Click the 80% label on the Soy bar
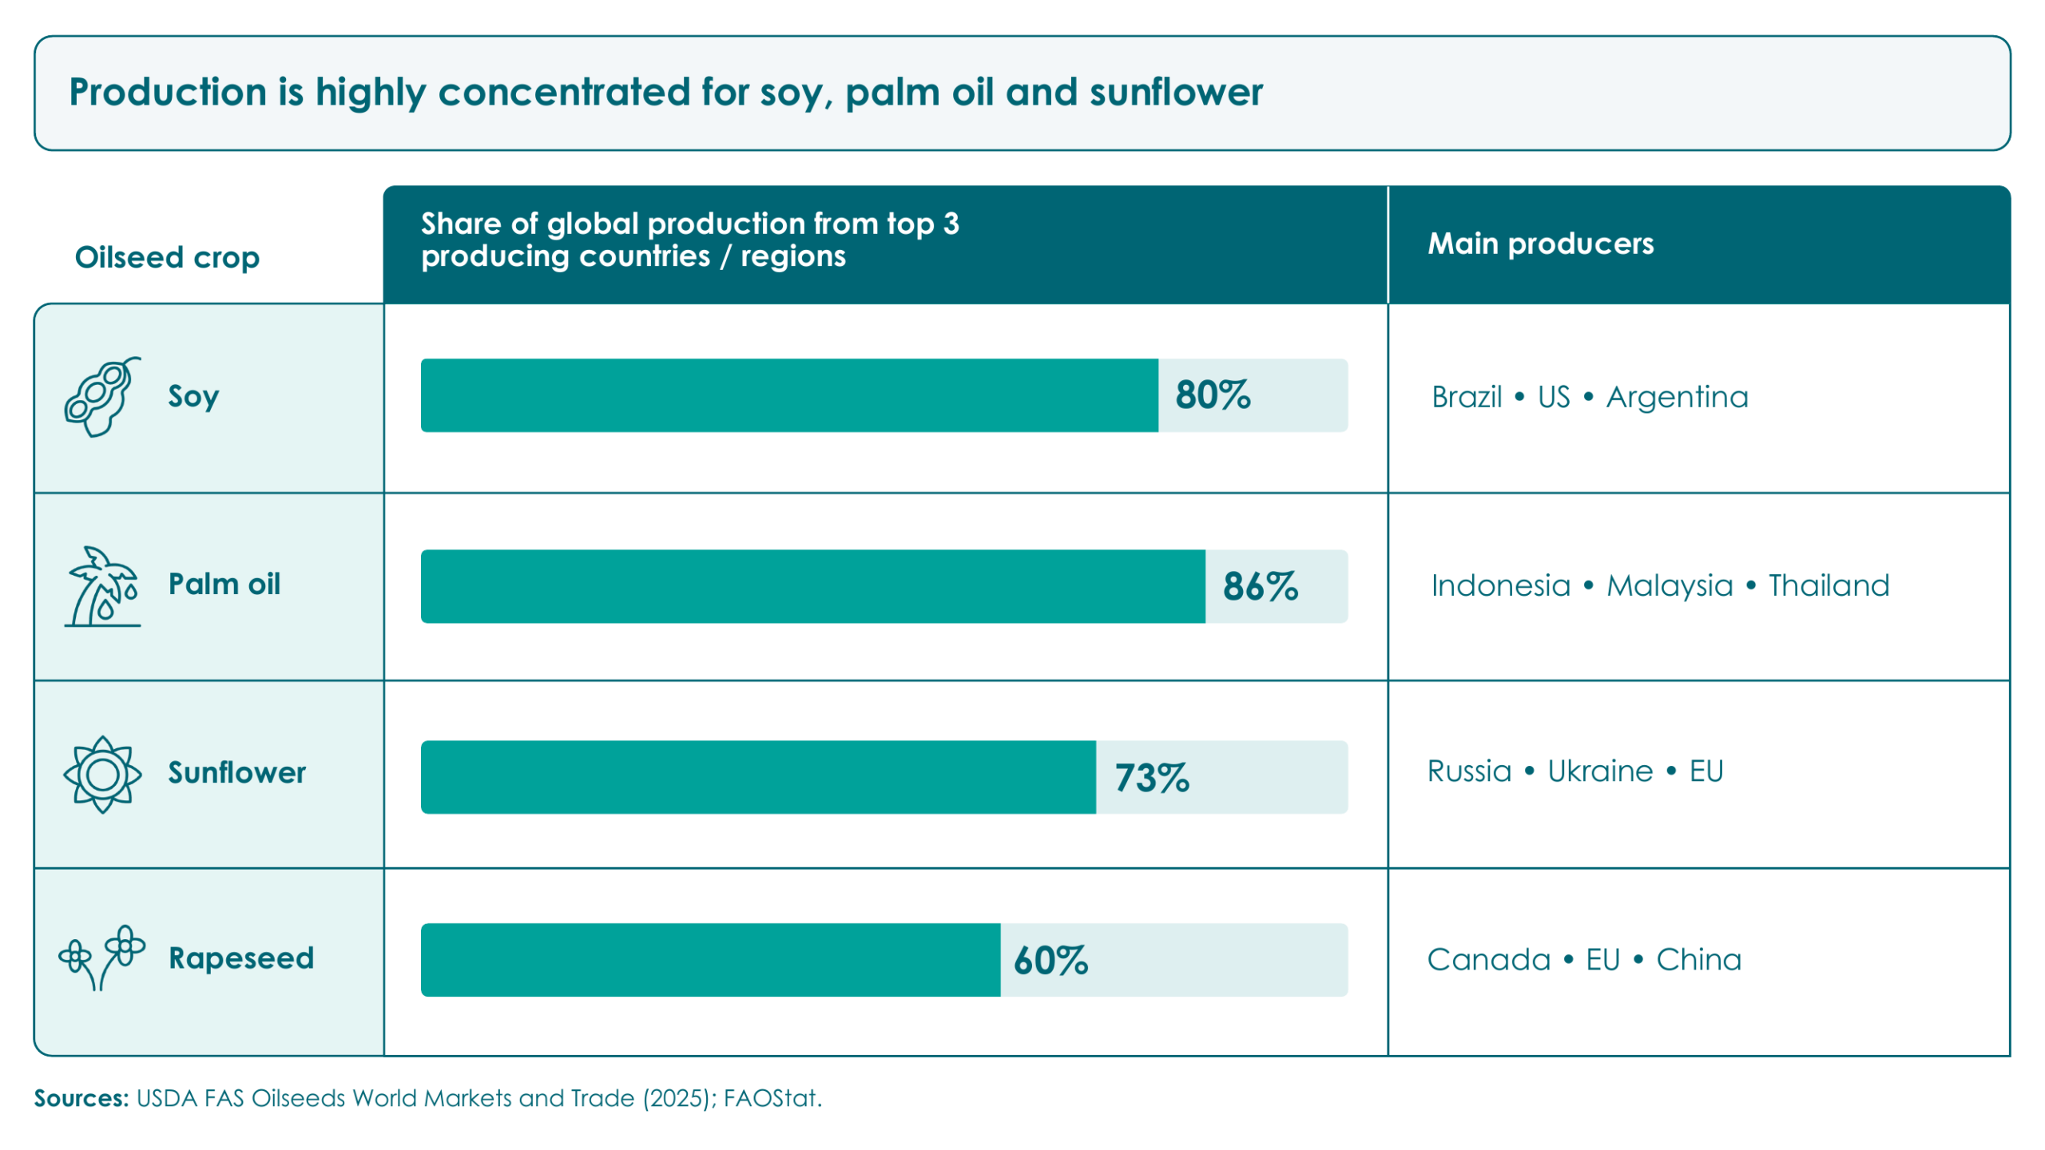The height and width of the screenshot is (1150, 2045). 1212,395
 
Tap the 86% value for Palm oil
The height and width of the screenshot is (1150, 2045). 1260,586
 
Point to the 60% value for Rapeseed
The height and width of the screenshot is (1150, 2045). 1050,960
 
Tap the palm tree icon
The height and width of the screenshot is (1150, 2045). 102,586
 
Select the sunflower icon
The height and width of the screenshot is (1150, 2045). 102,774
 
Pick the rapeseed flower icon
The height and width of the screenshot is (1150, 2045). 101,958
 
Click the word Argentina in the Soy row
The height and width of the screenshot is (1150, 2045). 1677,397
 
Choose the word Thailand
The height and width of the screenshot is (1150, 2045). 1829,585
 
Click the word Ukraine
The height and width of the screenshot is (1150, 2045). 1600,771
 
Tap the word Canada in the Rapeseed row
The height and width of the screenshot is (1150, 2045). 1488,959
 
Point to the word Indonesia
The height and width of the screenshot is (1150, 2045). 1501,585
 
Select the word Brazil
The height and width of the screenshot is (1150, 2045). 1467,397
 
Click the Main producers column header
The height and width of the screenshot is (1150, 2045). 1540,244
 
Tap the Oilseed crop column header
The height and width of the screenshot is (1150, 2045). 167,257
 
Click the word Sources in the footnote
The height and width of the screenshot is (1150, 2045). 81,1098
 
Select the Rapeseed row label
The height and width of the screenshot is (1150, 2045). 241,958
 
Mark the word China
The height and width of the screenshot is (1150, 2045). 1698,959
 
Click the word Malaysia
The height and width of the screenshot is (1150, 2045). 1670,585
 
